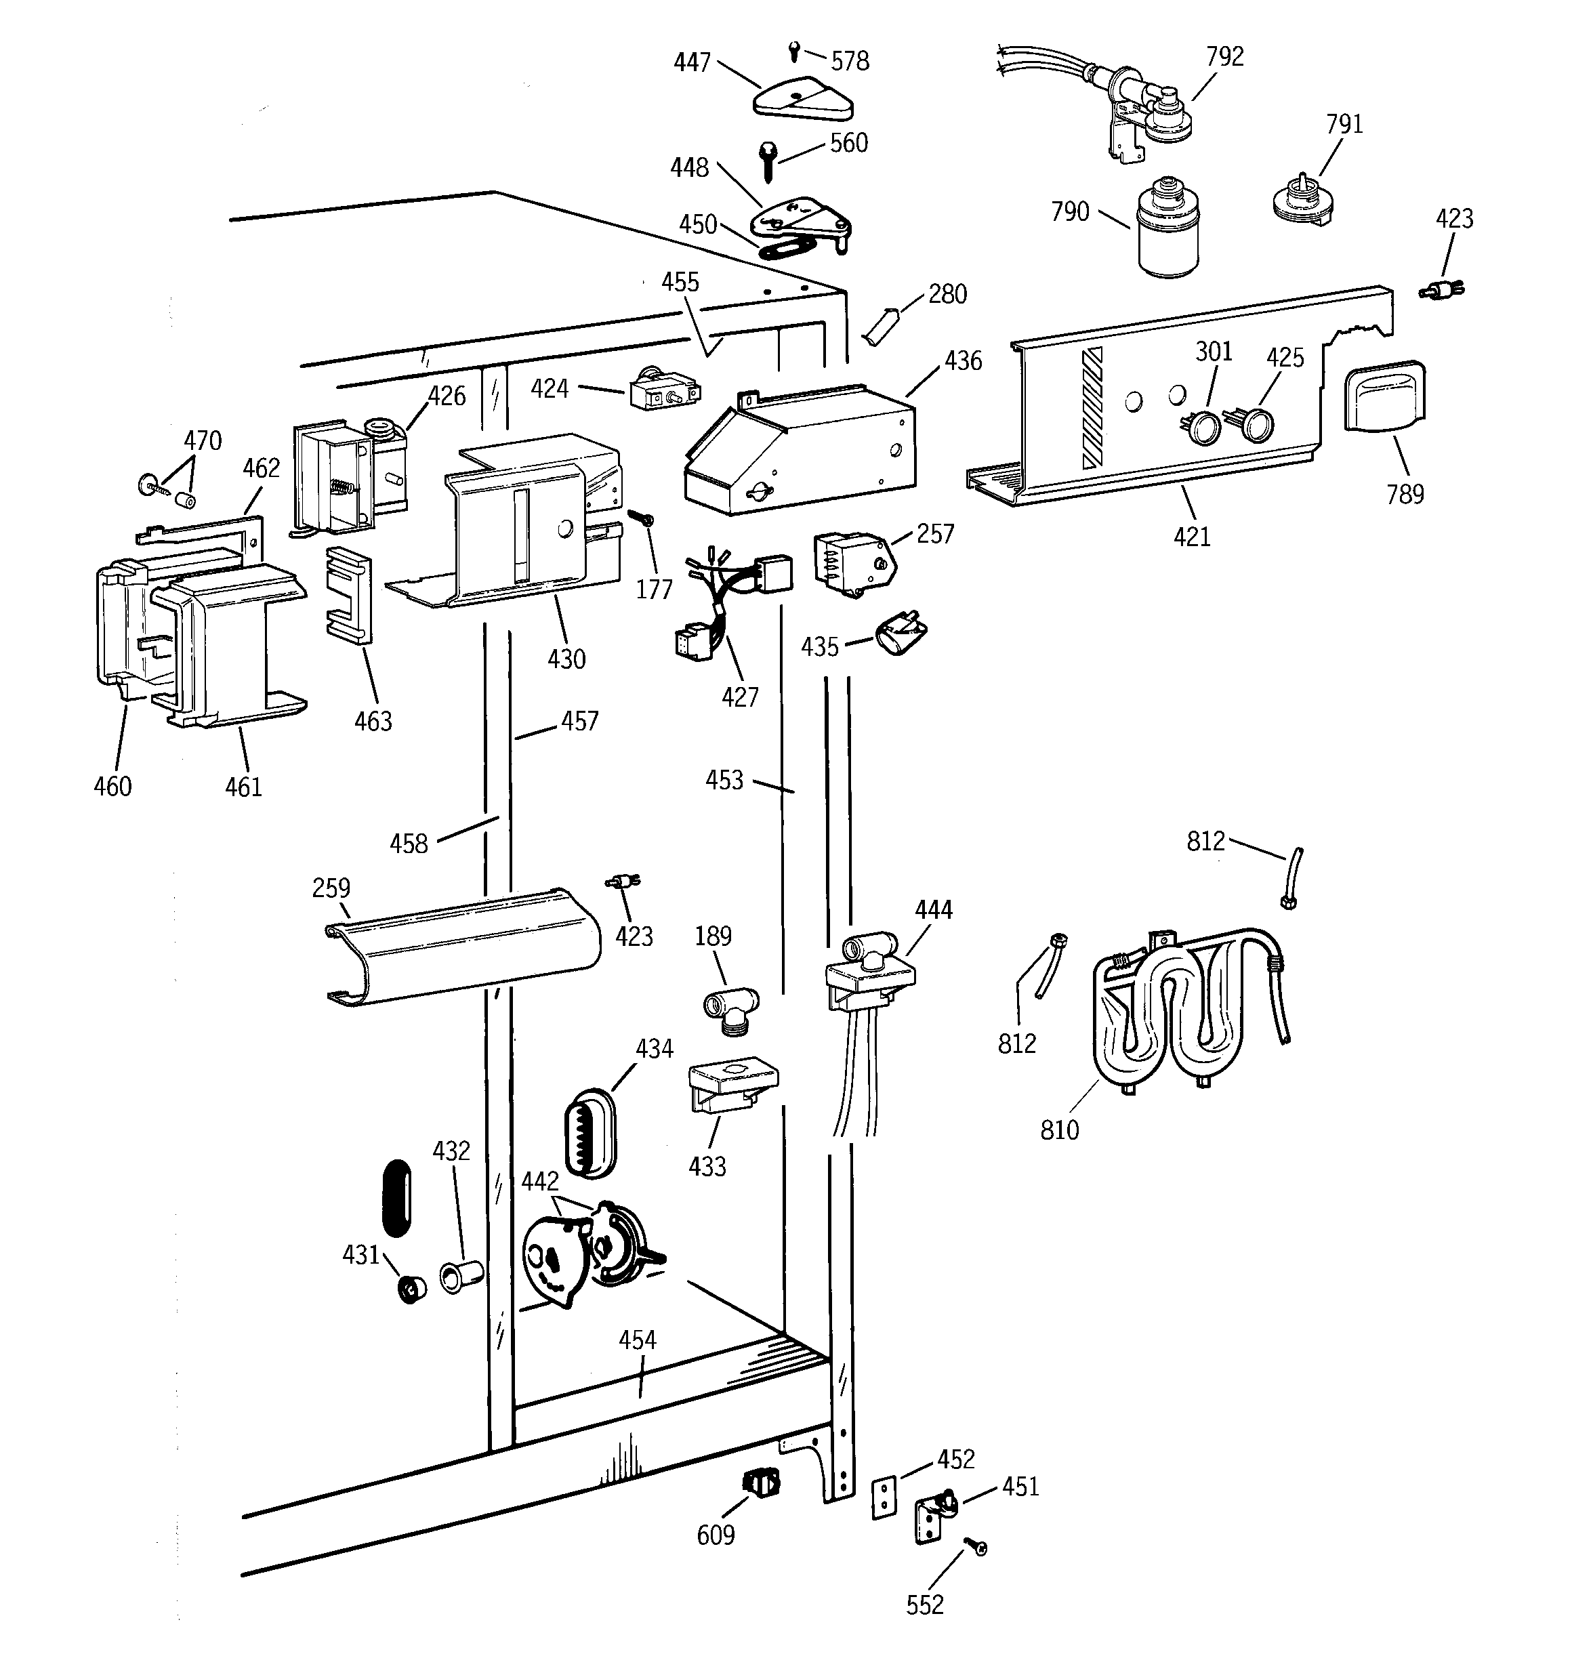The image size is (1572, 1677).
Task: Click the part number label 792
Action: (x=1224, y=56)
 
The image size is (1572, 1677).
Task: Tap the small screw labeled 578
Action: (x=794, y=51)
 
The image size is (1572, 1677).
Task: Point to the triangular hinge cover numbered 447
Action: (x=802, y=100)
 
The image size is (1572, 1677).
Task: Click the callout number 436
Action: (x=963, y=361)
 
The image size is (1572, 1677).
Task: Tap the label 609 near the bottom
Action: (x=716, y=1535)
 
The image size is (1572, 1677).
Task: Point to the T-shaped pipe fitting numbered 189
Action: (x=730, y=1006)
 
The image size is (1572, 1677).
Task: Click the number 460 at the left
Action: (x=112, y=787)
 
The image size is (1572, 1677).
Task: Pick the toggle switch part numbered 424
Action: (x=664, y=392)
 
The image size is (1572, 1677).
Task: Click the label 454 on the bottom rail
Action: (x=637, y=1340)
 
